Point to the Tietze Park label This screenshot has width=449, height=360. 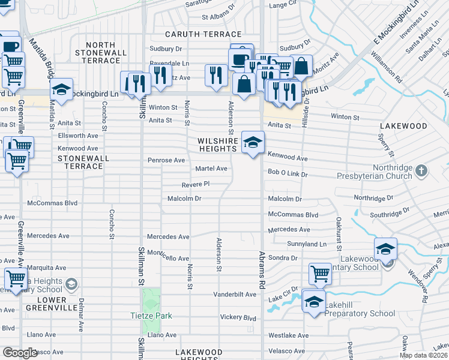point(151,316)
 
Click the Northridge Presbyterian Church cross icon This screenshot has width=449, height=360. point(422,171)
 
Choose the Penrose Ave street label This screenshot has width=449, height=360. point(166,160)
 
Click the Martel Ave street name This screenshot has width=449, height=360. point(211,169)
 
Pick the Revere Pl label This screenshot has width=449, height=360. point(196,184)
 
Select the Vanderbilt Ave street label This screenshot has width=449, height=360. point(235,295)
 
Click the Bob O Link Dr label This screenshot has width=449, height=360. point(287,174)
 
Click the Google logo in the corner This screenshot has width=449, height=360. point(20,353)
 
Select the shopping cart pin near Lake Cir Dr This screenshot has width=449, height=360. point(320,274)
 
